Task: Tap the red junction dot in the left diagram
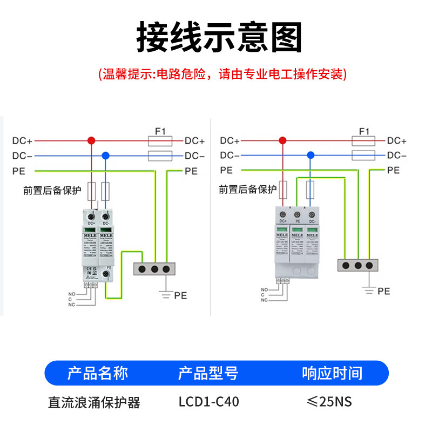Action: click(x=91, y=140)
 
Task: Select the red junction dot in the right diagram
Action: click(x=282, y=140)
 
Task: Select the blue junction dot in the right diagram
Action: click(x=310, y=155)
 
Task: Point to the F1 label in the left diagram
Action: click(x=160, y=131)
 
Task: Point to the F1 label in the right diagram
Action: click(x=363, y=131)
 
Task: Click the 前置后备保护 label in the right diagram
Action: click(x=248, y=189)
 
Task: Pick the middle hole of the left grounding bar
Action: click(x=154, y=268)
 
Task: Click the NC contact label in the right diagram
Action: click(x=264, y=300)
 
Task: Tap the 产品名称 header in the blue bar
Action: click(x=97, y=373)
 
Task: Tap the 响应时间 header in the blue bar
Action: click(x=332, y=373)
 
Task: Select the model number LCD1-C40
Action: click(x=208, y=402)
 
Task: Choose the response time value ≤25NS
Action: click(x=329, y=402)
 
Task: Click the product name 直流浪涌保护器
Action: click(x=94, y=403)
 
